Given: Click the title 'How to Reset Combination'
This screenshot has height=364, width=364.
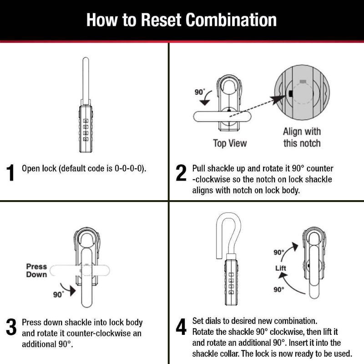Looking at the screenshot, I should tap(182, 20).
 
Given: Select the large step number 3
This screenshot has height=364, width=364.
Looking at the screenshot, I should tap(11, 327).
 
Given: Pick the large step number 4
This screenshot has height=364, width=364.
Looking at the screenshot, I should tap(181, 327).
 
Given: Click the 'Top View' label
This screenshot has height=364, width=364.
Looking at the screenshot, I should tap(230, 143).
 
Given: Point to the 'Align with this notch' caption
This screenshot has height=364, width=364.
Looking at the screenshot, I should tap(302, 137).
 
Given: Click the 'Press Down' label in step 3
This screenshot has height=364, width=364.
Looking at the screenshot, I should tap(36, 271).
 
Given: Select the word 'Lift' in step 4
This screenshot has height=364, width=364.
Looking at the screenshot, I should tap(281, 268).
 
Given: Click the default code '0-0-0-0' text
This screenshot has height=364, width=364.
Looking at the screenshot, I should tap(130, 168).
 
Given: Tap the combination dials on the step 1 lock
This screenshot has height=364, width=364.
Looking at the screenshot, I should tap(86, 129).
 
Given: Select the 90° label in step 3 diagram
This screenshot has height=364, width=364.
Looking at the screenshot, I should tap(58, 294).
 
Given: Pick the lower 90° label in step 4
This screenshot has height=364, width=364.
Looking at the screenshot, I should tap(278, 289).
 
